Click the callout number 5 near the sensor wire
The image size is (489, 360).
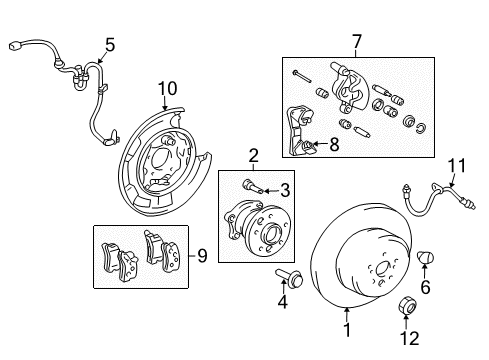pos(109,44)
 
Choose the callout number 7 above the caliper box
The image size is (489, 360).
pos(355,42)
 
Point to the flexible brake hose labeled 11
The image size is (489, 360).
pos(421,206)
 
